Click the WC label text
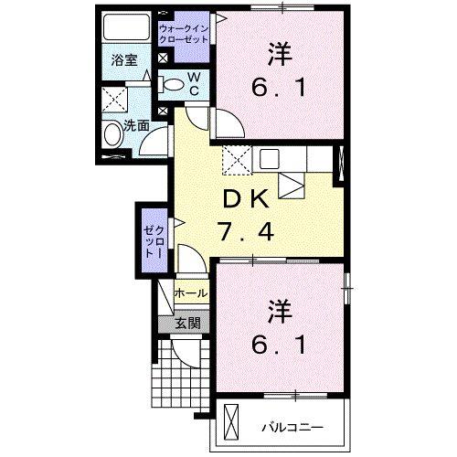(x=195, y=85)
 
